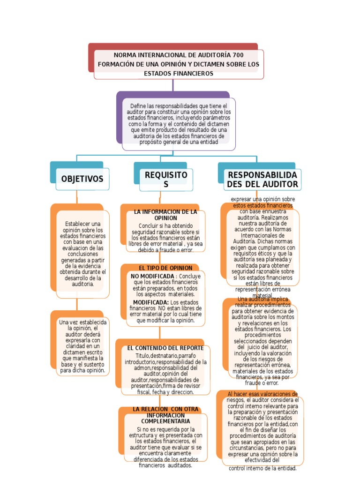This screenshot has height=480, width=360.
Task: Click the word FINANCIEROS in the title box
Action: click(191, 74)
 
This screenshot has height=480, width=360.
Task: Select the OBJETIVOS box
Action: click(82, 179)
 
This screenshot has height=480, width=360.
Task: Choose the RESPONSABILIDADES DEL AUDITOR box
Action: click(262, 180)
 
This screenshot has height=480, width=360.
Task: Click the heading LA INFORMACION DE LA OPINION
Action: click(165, 215)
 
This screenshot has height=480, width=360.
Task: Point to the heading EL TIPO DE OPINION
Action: click(165, 268)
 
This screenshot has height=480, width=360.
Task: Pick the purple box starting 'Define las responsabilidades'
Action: click(178, 124)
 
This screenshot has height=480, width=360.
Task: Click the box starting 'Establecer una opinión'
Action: click(82, 254)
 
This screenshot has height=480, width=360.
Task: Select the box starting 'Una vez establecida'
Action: click(83, 346)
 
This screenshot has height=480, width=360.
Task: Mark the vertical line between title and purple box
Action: click(173, 85)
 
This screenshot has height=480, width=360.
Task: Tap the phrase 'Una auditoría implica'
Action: click(262, 299)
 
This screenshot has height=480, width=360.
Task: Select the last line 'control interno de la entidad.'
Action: click(262, 468)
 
